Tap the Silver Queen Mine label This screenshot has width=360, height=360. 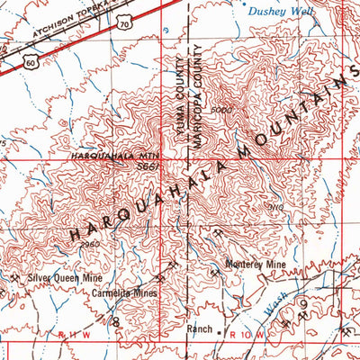click(64, 279)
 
